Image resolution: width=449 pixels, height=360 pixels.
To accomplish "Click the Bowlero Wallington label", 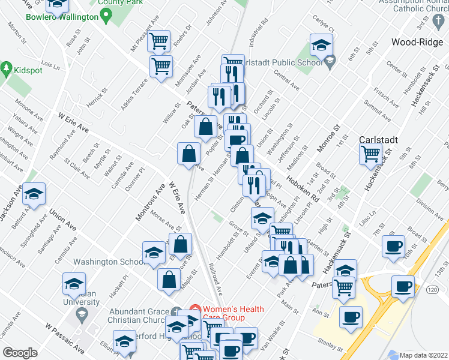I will point(62,17).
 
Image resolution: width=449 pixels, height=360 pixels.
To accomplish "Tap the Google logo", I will point(20,352).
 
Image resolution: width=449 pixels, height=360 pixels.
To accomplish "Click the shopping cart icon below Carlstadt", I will point(370,154).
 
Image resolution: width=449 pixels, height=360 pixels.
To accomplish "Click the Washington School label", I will point(107,262).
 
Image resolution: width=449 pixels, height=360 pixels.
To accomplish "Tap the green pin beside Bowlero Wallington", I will point(107,17).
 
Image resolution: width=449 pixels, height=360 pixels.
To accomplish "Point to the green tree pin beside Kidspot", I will point(7,70).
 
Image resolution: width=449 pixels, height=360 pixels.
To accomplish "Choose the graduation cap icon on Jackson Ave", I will point(34,194).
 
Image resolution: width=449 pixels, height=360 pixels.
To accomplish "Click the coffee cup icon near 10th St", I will point(394,246).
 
